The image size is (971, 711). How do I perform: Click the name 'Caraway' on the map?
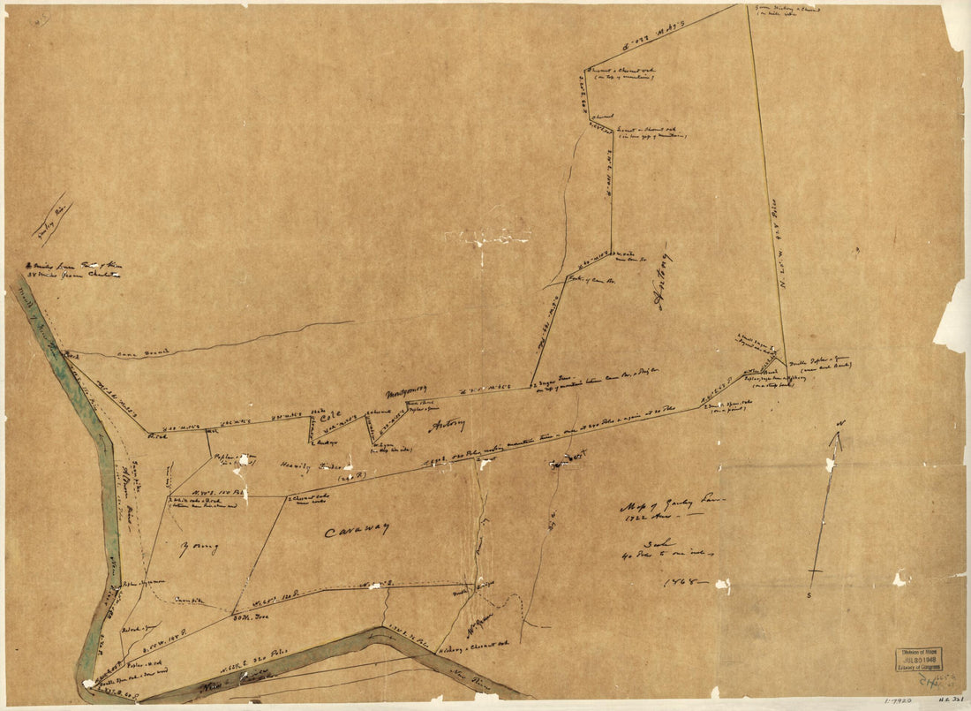(x=355, y=532)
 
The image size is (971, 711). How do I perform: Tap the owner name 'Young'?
(x=198, y=548)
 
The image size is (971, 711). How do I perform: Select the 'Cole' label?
(x=329, y=416)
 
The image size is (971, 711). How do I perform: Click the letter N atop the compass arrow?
(x=841, y=425)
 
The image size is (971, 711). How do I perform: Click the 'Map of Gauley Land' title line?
(x=671, y=504)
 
